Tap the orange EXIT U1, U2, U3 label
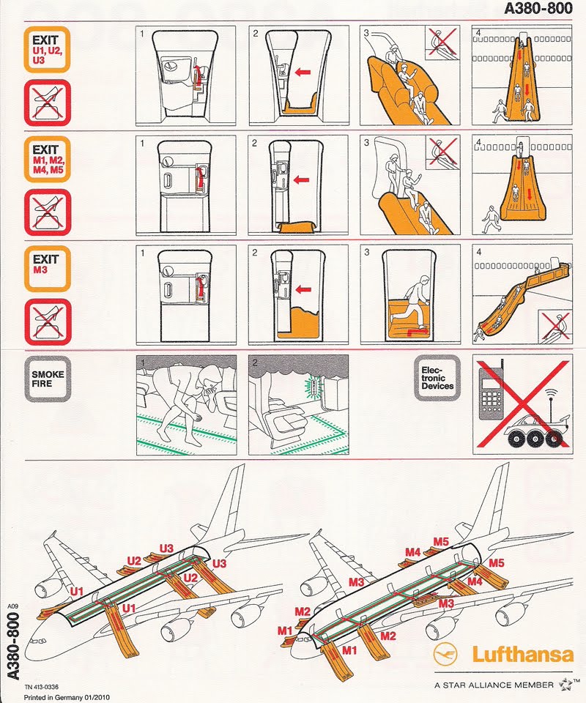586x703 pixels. pos(46,49)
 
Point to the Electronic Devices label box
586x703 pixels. pos(437,378)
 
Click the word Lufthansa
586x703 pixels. pos(522,654)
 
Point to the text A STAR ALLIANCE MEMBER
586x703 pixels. pos(493,685)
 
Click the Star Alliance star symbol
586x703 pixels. pos(565,685)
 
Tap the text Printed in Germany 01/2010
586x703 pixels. pos(65,696)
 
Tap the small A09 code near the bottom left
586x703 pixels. pos(12,606)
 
